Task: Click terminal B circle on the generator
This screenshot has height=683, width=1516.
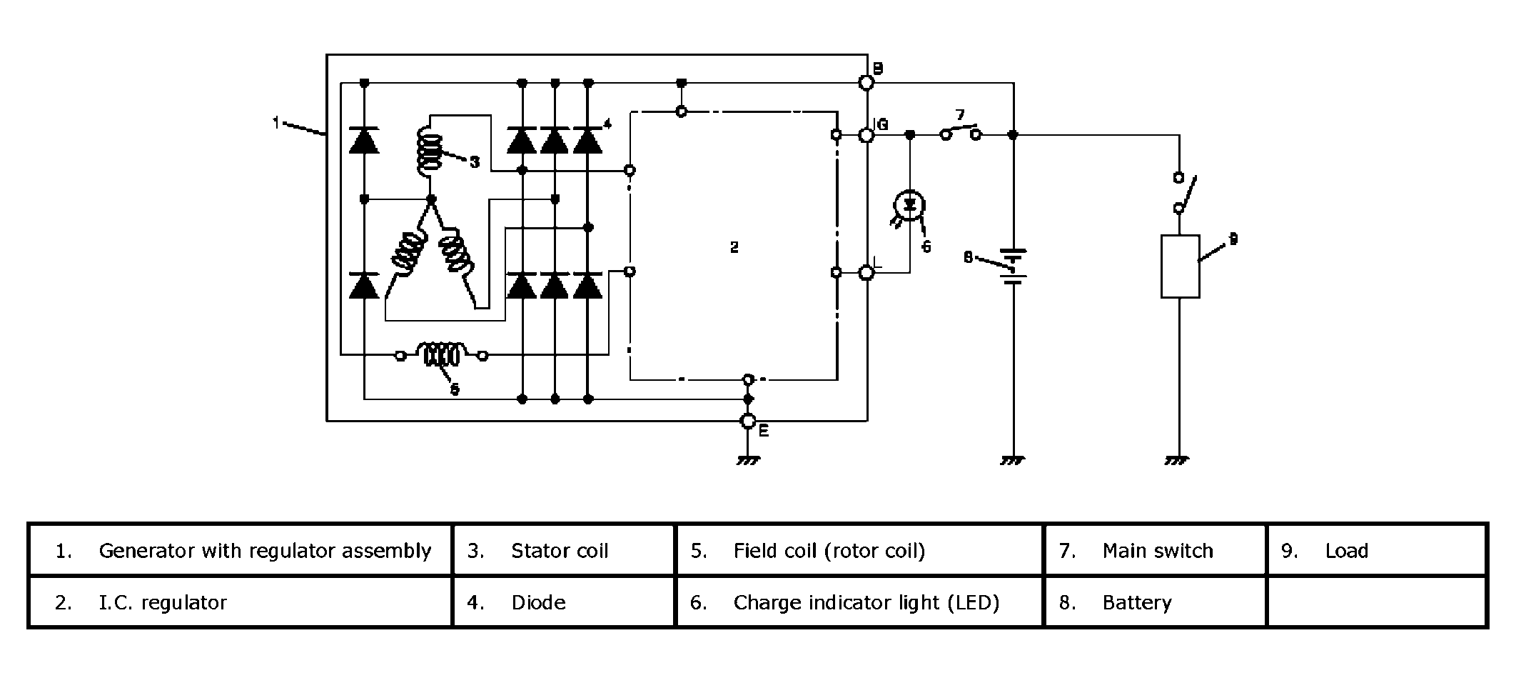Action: (866, 83)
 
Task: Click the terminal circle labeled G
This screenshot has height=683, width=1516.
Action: (866, 134)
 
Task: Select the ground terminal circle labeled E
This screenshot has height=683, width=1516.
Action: (747, 422)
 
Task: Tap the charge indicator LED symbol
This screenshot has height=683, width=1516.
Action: (909, 205)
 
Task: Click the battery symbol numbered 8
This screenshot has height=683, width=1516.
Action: (1014, 266)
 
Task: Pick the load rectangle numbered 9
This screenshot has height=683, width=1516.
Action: (1180, 266)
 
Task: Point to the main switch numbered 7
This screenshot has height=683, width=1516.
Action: (961, 132)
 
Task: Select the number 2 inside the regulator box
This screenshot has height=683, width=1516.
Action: (734, 247)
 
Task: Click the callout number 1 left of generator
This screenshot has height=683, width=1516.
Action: (276, 123)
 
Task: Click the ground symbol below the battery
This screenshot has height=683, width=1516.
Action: (1013, 461)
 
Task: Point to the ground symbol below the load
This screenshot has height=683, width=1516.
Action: (1178, 461)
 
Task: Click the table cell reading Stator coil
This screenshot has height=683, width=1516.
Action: (560, 551)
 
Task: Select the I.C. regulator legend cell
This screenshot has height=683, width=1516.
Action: (162, 603)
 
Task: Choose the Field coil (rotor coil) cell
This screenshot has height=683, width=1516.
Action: (829, 551)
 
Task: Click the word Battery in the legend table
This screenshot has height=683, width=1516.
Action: (1136, 603)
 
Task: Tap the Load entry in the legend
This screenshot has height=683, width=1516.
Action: (1346, 551)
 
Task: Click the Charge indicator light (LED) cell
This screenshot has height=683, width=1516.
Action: (866, 603)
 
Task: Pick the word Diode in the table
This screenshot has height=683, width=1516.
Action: (538, 603)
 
